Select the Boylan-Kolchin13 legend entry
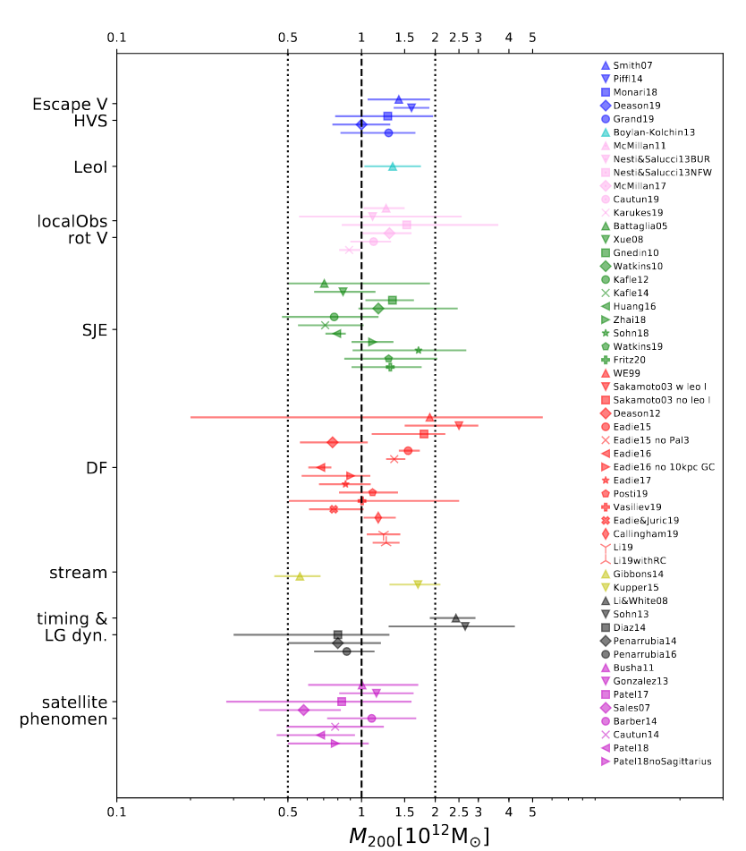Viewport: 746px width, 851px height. coord(654,132)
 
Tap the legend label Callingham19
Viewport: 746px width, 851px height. coord(646,533)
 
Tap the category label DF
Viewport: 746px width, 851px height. coord(97,467)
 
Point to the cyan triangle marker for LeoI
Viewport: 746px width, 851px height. coord(392,166)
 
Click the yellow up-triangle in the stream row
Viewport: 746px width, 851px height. coord(300,576)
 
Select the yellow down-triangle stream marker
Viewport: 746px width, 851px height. coord(418,584)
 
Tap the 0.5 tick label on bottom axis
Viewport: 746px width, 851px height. coord(287,812)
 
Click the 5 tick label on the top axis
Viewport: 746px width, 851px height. coord(532,37)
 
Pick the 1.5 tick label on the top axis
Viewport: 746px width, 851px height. coord(404,37)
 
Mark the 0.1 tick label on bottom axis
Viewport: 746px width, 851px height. coord(116,812)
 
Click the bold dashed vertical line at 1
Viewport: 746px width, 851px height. coord(361,403)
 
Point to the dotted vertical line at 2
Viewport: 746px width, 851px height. coord(435,403)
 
